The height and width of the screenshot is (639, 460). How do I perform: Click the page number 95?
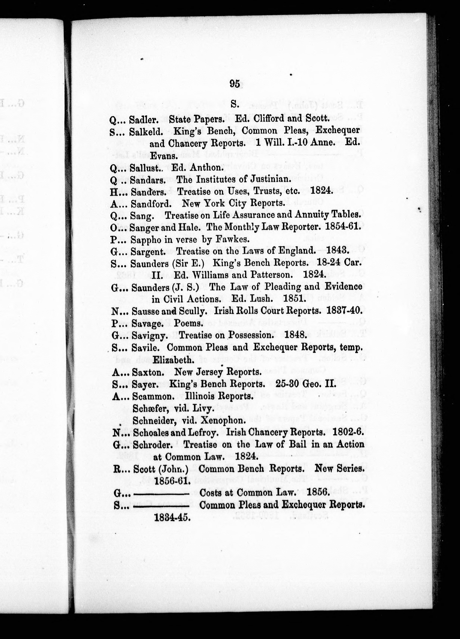pos(235,84)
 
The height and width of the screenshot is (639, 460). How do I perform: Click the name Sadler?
pos(143,120)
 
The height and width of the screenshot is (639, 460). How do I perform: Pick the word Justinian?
pos(267,179)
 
